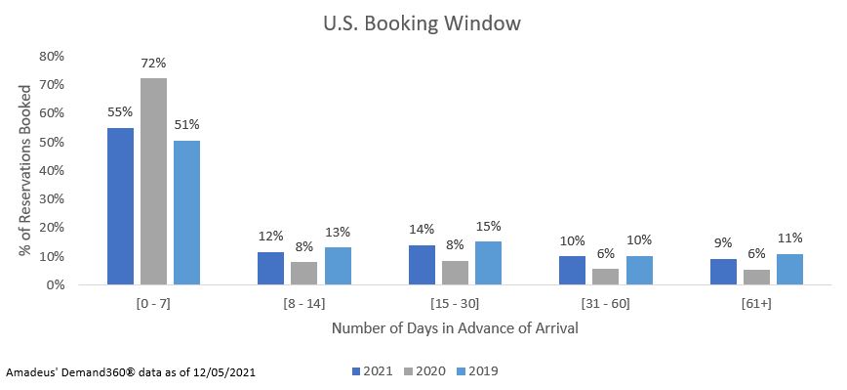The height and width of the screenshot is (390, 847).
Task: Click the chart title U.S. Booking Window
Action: (x=423, y=23)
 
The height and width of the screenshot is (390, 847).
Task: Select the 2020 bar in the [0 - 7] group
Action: (x=153, y=182)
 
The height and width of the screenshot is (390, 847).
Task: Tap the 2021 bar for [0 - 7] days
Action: (x=120, y=206)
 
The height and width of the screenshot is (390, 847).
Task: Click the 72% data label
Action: (x=153, y=64)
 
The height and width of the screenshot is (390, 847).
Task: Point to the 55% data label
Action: (x=120, y=112)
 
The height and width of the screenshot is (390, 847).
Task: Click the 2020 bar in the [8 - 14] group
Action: (x=304, y=273)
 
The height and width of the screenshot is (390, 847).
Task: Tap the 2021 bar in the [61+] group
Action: (x=723, y=272)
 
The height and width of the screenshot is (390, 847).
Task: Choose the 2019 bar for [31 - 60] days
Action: (x=639, y=270)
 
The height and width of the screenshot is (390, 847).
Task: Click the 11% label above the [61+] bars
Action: (x=789, y=238)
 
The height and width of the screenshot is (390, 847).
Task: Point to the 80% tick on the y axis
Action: (x=51, y=57)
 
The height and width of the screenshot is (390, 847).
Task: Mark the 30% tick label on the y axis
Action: (x=51, y=199)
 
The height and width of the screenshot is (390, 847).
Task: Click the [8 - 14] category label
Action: (x=304, y=303)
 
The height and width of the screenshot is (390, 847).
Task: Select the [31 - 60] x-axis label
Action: (x=606, y=303)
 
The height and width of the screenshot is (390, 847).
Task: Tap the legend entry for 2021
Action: (x=373, y=371)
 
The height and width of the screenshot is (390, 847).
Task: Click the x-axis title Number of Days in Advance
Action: (x=455, y=328)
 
